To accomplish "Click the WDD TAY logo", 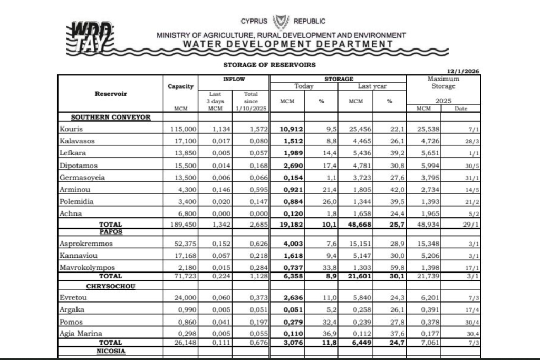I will coord(89,38).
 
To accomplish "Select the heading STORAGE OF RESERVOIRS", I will coord(269,65).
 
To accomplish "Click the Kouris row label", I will coord(72,129).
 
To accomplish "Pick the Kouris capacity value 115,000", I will coord(181,129).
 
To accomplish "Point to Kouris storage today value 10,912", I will coord(290,129).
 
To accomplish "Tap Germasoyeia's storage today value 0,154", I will coord(292,178).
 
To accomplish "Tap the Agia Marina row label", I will coord(80,334).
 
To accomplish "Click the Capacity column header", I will coord(181,86).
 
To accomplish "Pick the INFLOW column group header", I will coord(234,79).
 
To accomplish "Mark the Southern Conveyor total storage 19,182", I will coord(290,225).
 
